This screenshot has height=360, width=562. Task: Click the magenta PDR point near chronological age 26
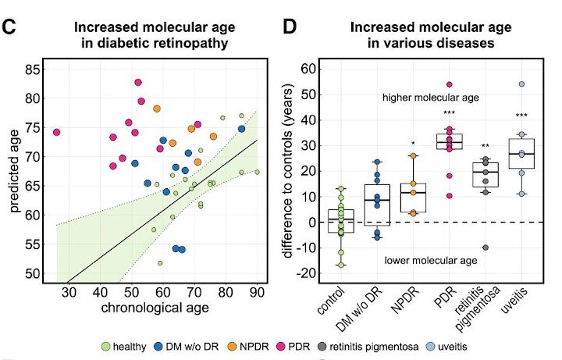57,132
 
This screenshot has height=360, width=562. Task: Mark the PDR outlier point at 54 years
450,84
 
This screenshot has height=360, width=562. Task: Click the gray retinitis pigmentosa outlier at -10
486,248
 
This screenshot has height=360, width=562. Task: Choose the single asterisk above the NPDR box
414,144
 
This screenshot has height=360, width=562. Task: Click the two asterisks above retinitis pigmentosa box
486,146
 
